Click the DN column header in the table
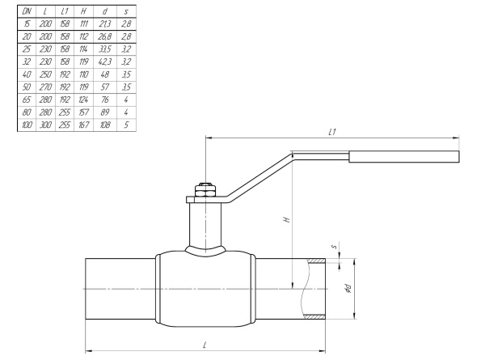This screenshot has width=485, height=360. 27,11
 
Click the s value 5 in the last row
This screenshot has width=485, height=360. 125,125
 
